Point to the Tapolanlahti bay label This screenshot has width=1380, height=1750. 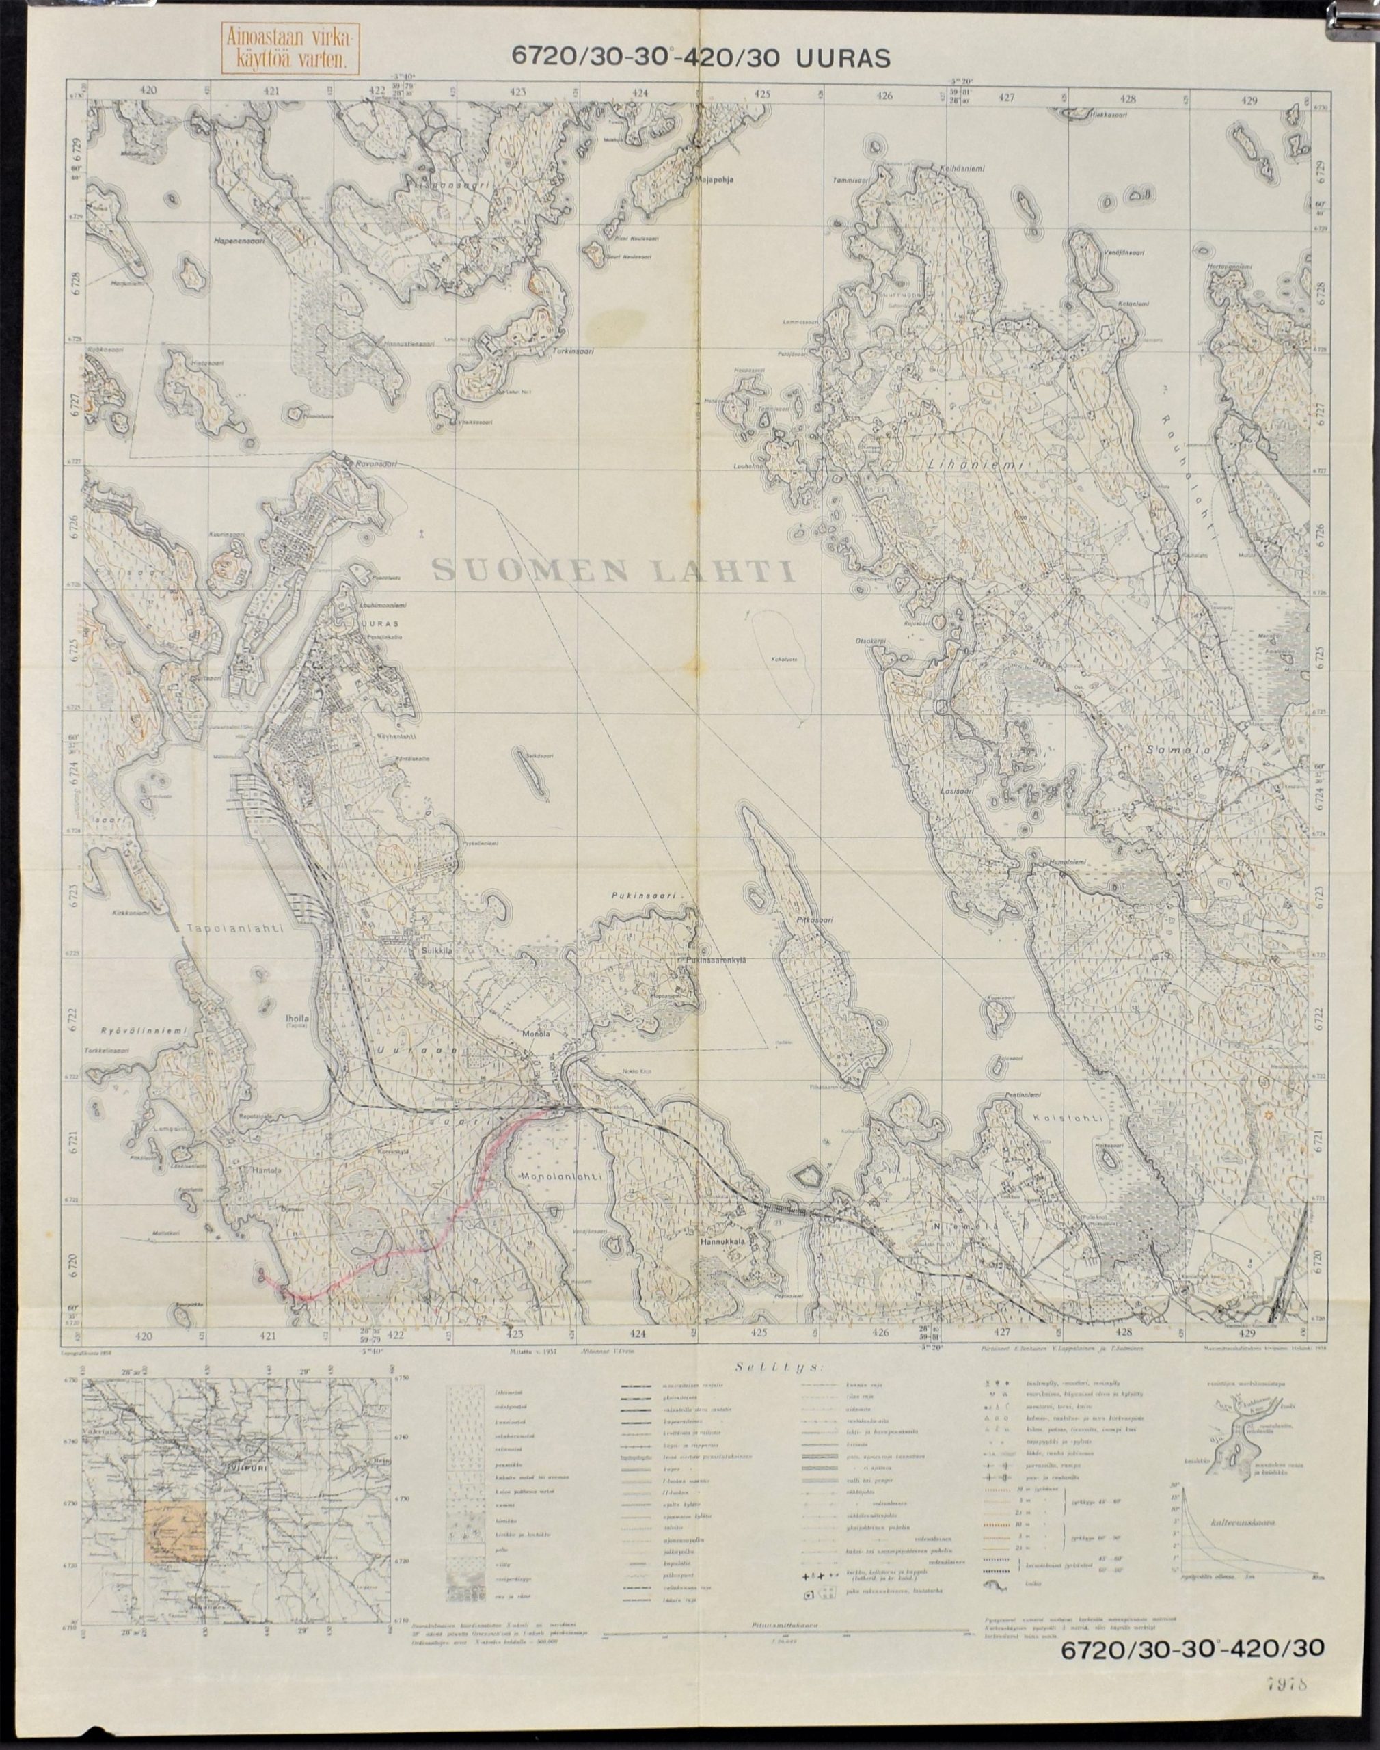232,930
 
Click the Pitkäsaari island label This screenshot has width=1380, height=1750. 812,919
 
